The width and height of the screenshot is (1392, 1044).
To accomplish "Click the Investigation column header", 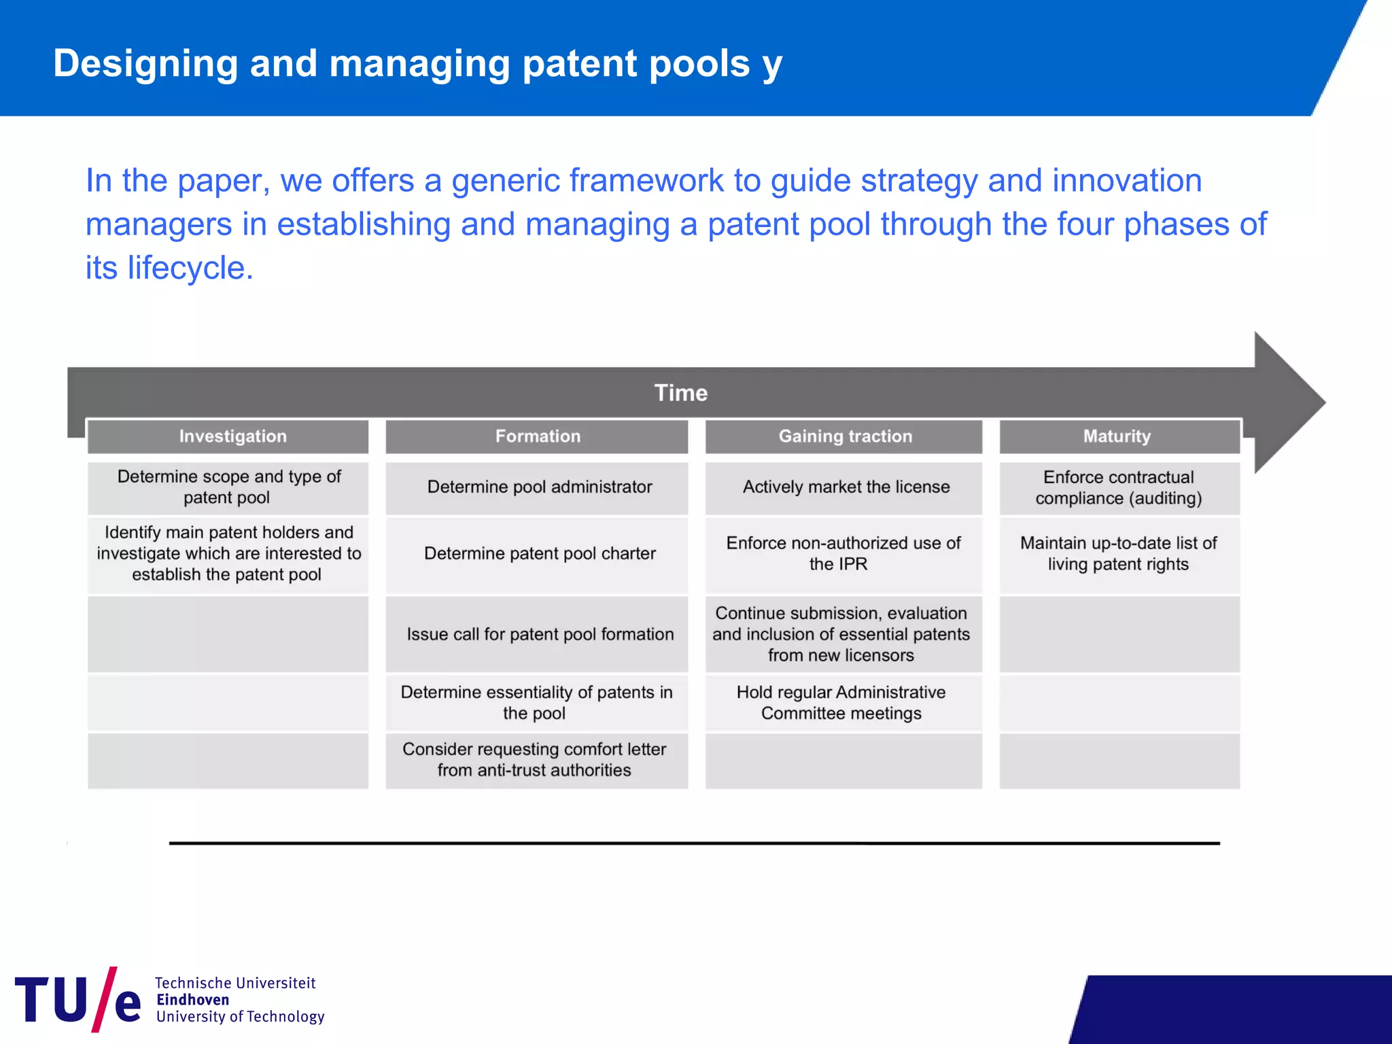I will coord(232,436).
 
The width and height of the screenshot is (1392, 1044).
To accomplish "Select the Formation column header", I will coord(537,436).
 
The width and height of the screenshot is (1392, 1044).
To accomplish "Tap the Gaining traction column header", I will coord(844,436).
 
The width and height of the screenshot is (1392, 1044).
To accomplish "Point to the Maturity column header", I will coord(1117,436).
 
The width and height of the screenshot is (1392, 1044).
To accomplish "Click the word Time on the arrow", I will coord(680,393).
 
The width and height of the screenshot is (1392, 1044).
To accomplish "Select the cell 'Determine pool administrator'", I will coord(538,487).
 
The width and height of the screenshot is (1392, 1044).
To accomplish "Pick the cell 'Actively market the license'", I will coord(845,487).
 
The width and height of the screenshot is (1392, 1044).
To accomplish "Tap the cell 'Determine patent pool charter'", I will coord(538,554).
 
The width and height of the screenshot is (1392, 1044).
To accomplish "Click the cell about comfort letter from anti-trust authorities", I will coord(535,760).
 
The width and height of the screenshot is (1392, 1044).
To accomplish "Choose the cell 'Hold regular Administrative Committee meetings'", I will coord(841,703).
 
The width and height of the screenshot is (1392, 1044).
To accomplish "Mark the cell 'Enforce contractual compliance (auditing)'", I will coord(1118,488).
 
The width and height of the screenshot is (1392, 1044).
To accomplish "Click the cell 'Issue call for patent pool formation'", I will coord(540,634).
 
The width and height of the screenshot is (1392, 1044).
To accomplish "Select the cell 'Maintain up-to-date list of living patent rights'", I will coord(1118,554).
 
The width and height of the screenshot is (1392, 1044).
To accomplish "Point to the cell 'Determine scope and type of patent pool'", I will coord(228,487).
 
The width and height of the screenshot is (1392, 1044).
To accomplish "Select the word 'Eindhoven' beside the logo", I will coord(192,1000).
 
